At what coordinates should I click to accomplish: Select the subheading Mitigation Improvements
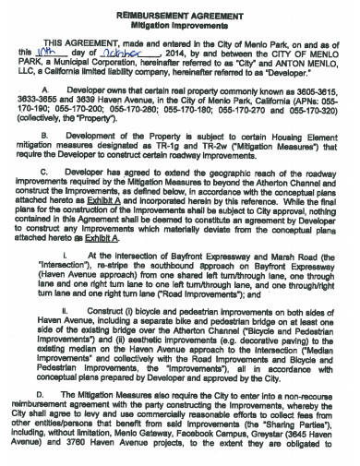tap(181, 27)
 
